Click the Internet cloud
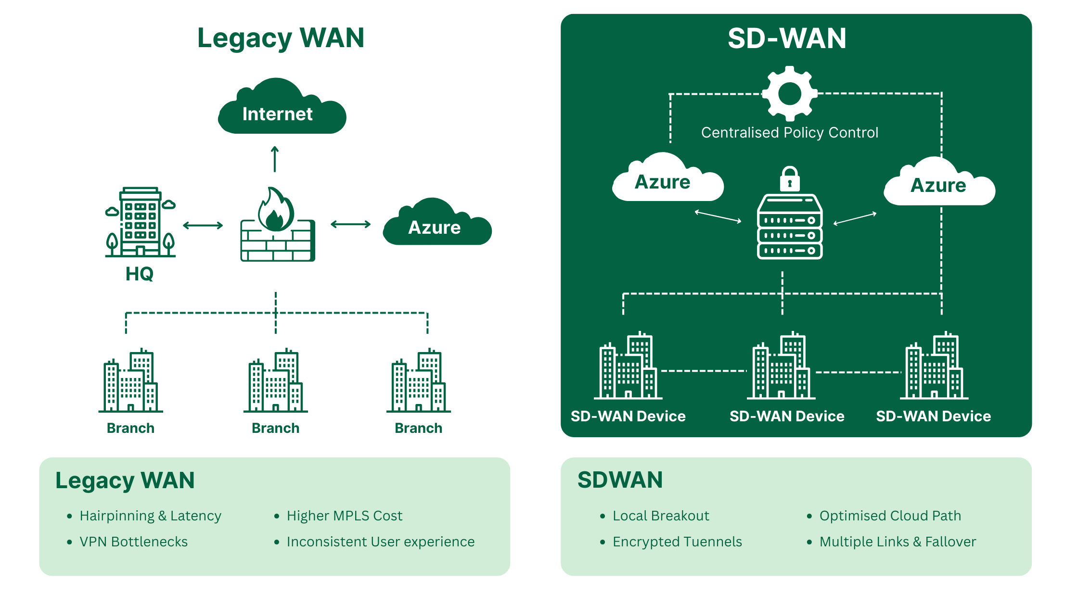282,108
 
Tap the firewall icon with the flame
278,226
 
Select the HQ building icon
140,222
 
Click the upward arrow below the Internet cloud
275,159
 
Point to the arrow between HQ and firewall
203,225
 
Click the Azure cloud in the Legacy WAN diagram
436,224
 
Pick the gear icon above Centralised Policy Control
789,93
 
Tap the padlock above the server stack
790,179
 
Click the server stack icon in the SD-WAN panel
790,227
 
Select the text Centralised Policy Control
789,132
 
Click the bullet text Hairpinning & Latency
150,516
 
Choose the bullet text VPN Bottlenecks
133,542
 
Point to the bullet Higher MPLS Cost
344,516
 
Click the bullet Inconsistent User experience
380,542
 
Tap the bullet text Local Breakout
660,516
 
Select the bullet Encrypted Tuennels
677,542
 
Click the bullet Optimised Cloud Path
890,516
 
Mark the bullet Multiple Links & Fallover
898,542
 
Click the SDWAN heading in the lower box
620,480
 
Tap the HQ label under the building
140,274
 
